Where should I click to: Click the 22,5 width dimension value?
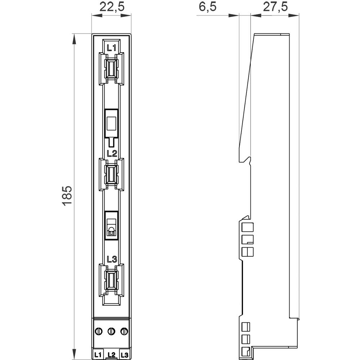pyautogui.click(x=112, y=6)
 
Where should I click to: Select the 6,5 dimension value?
pyautogui.click(x=208, y=6)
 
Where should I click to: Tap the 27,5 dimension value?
pyautogui.click(x=275, y=6)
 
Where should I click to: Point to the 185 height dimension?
pyautogui.click(x=67, y=195)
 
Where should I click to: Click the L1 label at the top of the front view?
pyautogui.click(x=112, y=48)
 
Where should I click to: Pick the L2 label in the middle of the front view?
pyautogui.click(x=112, y=153)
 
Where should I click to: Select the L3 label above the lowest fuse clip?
pyautogui.click(x=112, y=259)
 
